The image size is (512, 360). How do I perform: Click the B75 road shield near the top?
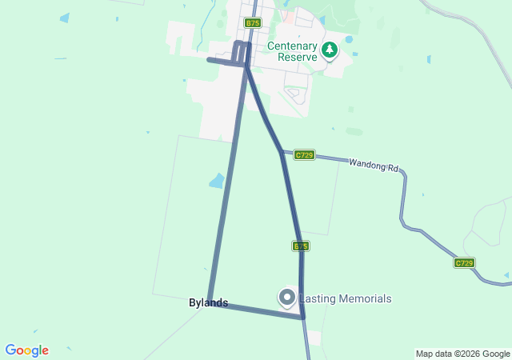(253, 23)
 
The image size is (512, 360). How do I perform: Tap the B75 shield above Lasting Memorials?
(300, 246)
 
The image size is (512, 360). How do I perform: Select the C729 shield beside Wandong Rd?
(303, 154)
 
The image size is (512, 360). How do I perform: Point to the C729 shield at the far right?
(464, 262)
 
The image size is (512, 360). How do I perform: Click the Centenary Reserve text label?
(293, 52)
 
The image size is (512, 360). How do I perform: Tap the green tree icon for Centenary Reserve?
(329, 50)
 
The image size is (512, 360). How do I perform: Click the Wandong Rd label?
(374, 165)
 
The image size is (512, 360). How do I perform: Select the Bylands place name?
(208, 302)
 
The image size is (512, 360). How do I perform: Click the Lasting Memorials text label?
(346, 298)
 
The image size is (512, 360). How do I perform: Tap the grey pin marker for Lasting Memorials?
(287, 298)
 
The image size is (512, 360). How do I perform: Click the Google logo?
(26, 350)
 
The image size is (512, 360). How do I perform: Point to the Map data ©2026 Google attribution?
(462, 354)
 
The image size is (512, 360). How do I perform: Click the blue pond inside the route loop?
(217, 181)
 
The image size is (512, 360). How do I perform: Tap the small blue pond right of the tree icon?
(349, 38)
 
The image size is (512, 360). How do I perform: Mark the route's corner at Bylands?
(210, 301)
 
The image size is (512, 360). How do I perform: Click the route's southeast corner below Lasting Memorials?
(302, 317)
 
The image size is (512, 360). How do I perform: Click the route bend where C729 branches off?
(282, 152)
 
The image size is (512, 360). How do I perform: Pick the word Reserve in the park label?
(293, 58)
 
